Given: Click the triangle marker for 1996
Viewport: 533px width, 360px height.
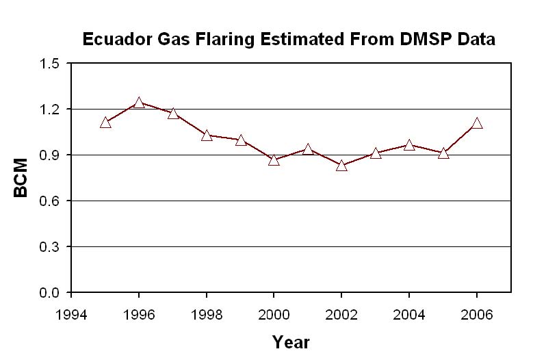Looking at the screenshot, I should tap(139, 103).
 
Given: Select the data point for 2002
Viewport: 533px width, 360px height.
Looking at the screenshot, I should tap(341, 165).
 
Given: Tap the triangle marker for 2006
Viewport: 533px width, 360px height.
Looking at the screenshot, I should tap(477, 123).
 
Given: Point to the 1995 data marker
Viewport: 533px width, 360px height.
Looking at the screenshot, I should tap(105, 123).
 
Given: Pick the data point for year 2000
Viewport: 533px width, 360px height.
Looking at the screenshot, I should tap(274, 160).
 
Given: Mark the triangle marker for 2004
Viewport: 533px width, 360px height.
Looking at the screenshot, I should tap(409, 145).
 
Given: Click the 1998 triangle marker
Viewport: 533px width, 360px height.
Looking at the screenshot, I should tap(207, 136).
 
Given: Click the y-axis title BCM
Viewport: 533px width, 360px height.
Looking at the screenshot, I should tap(22, 178).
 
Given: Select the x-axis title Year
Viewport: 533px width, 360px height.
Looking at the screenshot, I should tap(291, 342).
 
